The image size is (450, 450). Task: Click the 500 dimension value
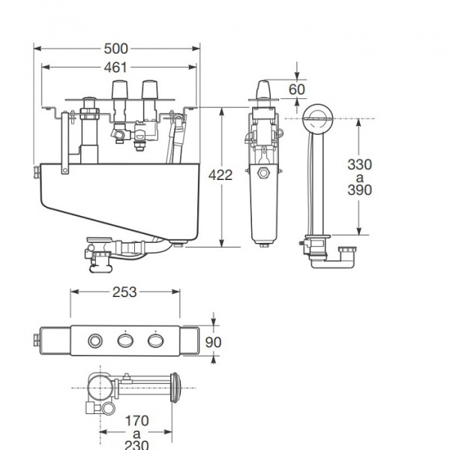tap(115, 49)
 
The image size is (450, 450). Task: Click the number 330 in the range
tap(360, 164)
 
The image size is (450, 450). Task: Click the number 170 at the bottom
tap(136, 419)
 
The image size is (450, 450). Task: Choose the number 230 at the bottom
tap(136, 444)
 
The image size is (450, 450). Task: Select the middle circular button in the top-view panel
tap(124, 341)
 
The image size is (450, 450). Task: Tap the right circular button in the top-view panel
tap(155, 341)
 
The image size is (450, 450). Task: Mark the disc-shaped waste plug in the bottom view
tap(177, 388)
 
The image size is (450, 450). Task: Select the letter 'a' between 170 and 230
tap(136, 432)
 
